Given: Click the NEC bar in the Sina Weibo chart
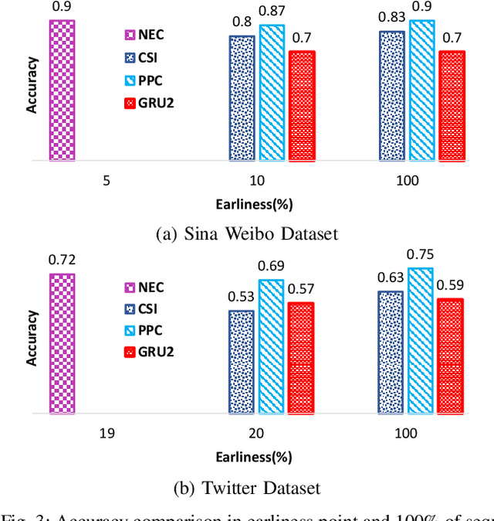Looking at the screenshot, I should [62, 90].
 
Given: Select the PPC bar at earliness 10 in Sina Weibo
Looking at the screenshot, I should [271, 93].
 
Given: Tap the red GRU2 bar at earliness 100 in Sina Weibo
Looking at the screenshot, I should [452, 106].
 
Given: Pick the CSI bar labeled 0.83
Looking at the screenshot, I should [391, 96].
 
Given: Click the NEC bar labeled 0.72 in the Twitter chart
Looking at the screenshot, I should [62, 343].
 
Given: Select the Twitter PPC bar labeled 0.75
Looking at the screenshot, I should [421, 341].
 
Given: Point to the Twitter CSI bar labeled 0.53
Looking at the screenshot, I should [241, 362].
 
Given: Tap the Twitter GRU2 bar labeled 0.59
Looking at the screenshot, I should [451, 356].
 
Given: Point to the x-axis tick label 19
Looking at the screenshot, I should [107, 434].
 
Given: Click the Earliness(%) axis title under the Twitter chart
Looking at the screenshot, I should [254, 456].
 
